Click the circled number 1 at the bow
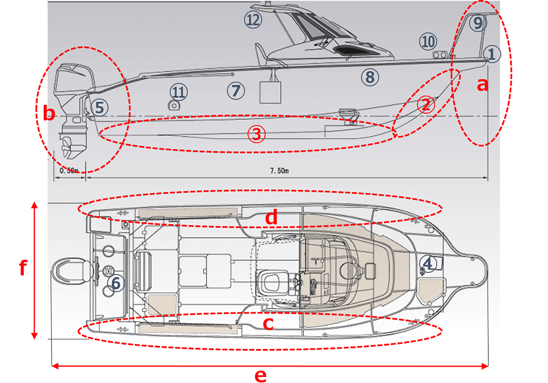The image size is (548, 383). pos(491,54)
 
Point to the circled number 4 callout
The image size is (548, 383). pos(428,264)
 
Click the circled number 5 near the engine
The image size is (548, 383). pos(99,107)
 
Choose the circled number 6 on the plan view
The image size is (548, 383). pos(116,283)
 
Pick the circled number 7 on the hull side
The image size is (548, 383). pos(236,90)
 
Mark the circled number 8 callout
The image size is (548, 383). pos(369,77)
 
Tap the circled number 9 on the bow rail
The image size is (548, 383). pos(477,22)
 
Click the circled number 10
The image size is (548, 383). pos(428,42)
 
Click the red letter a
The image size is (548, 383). pos(482,85)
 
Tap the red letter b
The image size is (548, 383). pos(49,114)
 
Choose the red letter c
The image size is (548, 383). pos(268,324)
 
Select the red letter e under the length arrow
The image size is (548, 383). pos(260,375)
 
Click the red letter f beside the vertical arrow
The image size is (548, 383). pos(22,269)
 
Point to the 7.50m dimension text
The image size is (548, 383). pos(279,171)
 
